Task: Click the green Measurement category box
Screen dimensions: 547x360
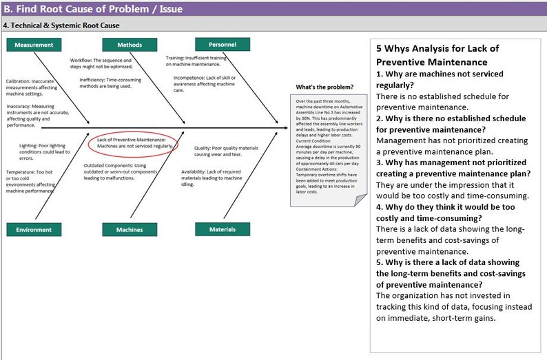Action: (x=34, y=45)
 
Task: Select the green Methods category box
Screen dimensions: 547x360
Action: (x=129, y=45)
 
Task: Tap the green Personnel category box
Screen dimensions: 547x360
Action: (x=222, y=45)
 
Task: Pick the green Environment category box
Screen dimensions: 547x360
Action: (x=34, y=230)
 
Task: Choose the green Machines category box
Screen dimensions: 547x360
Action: (x=129, y=230)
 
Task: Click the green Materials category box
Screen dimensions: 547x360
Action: (x=222, y=230)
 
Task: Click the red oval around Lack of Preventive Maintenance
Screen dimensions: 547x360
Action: (x=134, y=143)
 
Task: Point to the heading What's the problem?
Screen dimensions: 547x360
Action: (x=324, y=87)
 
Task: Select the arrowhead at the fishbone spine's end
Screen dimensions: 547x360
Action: (x=285, y=127)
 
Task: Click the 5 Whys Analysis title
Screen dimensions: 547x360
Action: (x=437, y=55)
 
